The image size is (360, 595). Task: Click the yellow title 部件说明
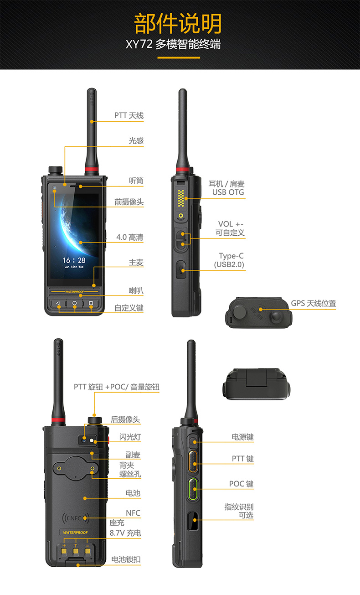coord(178,24)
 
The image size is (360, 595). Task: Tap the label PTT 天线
coord(129,115)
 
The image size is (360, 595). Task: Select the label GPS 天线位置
coord(313,303)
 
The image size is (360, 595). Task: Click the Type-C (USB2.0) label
coord(229,260)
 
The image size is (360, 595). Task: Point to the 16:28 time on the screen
coord(74,260)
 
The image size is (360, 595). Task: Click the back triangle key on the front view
coord(58,303)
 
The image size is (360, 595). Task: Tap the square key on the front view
coord(91,303)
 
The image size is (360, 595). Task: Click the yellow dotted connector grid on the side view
coord(181,198)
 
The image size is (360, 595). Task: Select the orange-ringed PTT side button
coord(193,461)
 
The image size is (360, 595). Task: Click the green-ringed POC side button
coord(193,489)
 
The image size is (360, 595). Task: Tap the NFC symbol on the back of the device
coord(75,518)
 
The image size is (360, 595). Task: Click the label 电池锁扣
coord(126,559)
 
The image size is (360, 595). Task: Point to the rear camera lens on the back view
coord(84,440)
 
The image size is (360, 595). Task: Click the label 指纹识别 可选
coord(239,511)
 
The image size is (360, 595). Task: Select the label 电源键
coord(242,437)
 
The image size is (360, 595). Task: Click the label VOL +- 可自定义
coord(230,228)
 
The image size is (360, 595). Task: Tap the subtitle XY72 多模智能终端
coord(173,44)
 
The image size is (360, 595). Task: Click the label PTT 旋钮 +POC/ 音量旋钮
coord(117,387)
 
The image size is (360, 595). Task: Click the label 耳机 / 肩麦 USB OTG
coord(226,188)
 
